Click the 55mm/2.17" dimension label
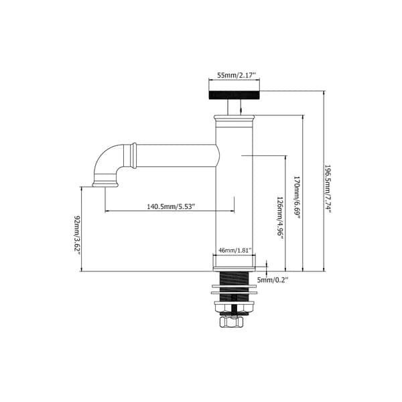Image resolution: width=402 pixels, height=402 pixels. [237, 75]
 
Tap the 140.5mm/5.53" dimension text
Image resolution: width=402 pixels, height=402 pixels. [171, 206]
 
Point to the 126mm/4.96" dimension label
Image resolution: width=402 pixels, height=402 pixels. [281, 218]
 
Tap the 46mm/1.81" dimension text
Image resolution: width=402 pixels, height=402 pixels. [234, 250]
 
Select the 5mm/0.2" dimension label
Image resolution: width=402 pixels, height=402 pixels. [273, 280]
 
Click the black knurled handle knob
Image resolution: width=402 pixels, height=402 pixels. [234, 95]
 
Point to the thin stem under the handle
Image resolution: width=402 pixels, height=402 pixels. [234, 107]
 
